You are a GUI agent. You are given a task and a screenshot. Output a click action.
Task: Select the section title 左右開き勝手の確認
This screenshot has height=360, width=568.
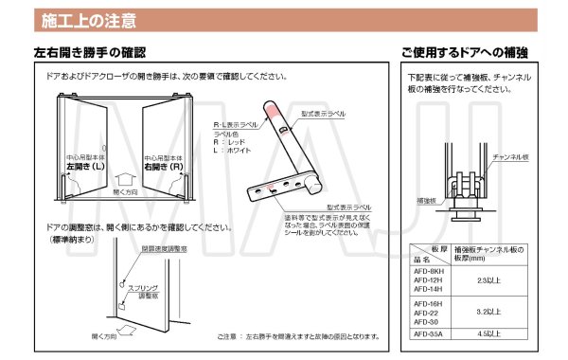[89, 51]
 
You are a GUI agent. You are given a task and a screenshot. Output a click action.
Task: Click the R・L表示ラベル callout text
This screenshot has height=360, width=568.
[234, 125]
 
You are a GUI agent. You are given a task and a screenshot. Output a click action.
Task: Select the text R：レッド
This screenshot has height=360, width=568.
[228, 142]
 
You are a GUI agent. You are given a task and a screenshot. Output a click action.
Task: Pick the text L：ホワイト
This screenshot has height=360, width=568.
[231, 151]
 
